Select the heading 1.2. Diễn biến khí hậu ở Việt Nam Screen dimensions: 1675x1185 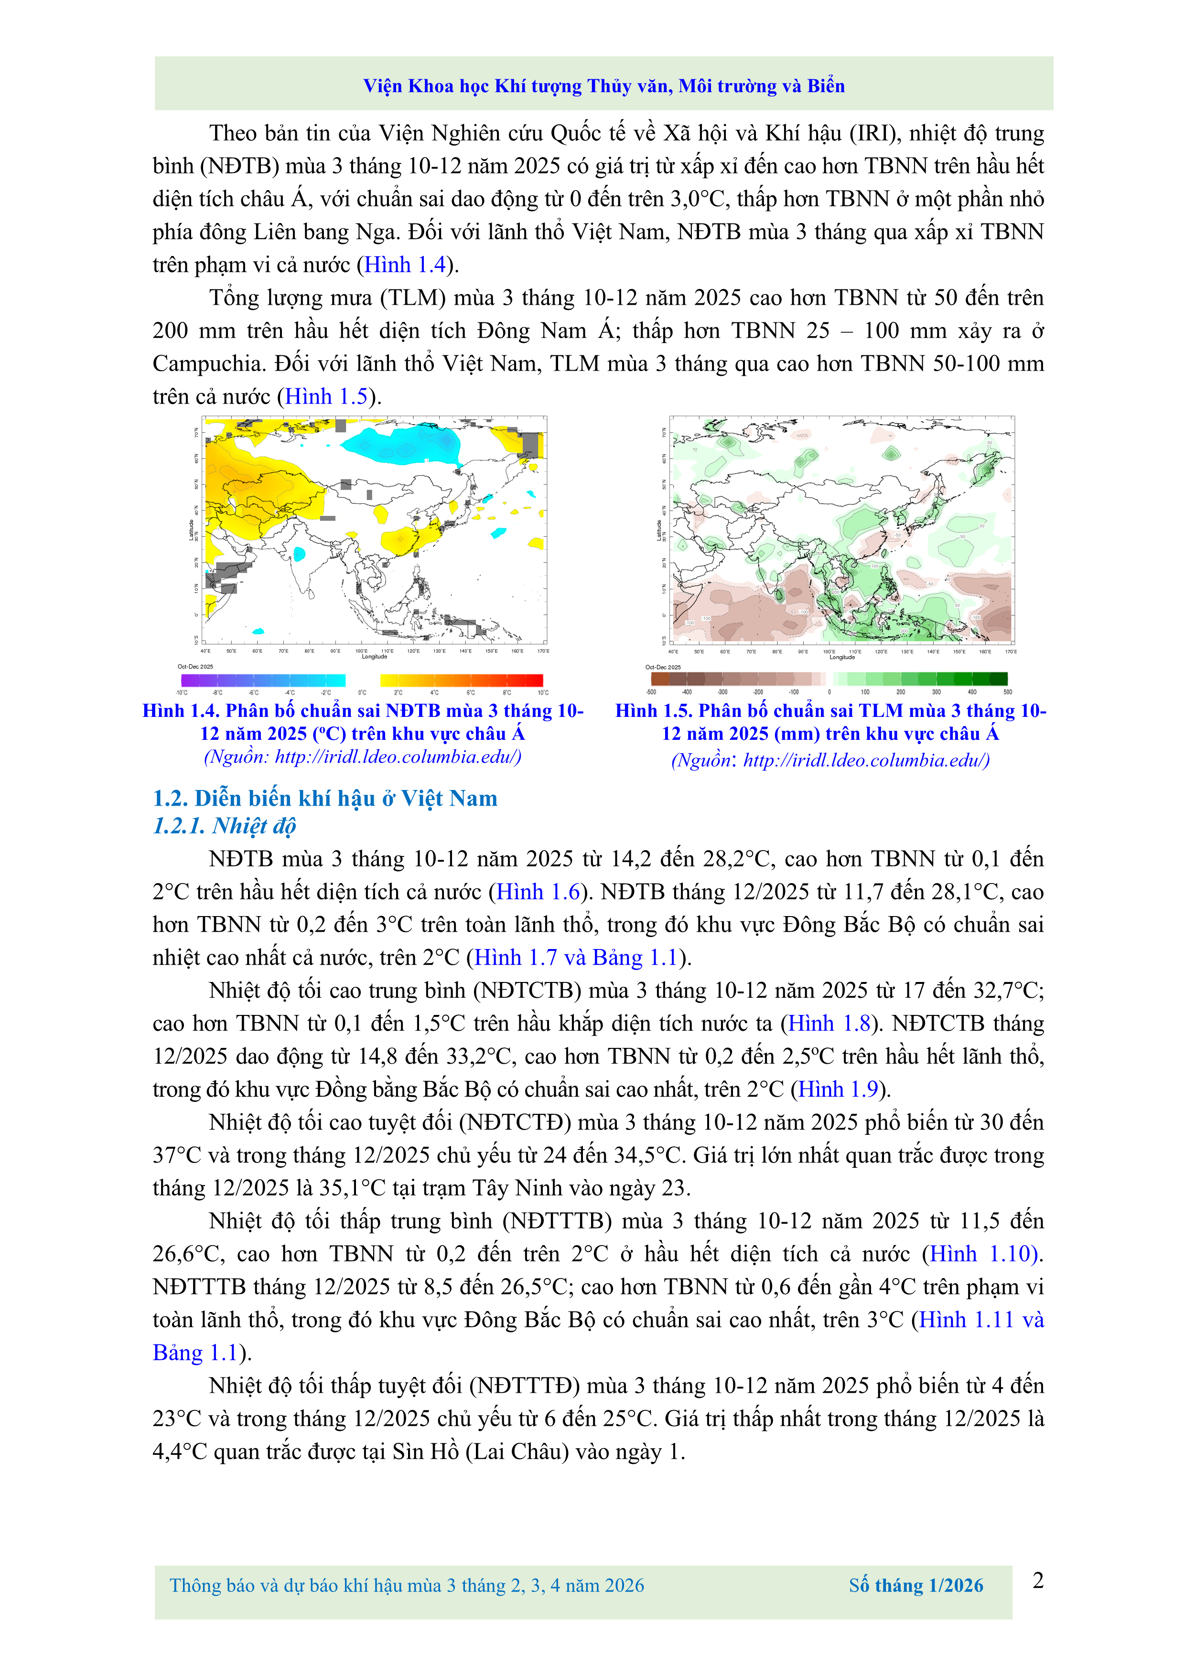point(325,798)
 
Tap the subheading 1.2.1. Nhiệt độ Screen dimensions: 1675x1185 point(224,826)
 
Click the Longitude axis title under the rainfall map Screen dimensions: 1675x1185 point(842,657)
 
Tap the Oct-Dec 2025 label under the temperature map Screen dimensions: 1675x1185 point(195,666)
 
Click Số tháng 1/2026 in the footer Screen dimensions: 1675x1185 point(916,1585)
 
